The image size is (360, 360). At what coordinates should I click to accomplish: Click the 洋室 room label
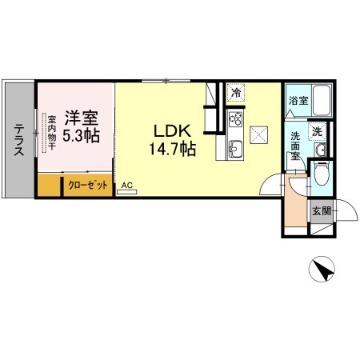tap(82, 118)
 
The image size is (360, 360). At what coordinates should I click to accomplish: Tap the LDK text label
tap(172, 131)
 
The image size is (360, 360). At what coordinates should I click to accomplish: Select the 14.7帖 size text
tap(173, 149)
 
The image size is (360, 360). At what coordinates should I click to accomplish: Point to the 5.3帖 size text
tap(81, 135)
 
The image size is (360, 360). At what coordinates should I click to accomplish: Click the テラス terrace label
tap(19, 139)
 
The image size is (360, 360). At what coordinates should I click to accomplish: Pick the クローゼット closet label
tap(88, 185)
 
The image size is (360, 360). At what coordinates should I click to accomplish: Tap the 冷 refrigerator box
tap(236, 93)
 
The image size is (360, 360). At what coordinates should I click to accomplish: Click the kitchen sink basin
tap(236, 150)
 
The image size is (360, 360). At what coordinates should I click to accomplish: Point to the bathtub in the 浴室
tap(322, 101)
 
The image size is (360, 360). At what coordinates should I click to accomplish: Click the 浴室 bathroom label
tap(298, 101)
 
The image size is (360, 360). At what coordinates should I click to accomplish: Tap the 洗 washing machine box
tap(318, 131)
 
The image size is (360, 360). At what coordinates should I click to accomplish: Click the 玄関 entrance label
tap(322, 211)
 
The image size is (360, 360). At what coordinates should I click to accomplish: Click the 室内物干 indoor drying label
tap(51, 133)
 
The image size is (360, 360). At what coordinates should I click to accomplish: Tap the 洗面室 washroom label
tap(295, 146)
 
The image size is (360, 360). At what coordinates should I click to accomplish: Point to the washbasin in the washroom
tap(320, 150)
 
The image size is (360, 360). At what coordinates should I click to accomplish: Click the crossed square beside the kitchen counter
tap(258, 135)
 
